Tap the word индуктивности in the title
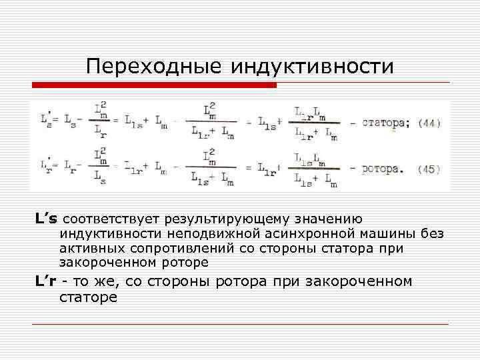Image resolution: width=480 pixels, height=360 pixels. [312, 67]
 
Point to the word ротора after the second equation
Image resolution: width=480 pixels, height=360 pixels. [382, 169]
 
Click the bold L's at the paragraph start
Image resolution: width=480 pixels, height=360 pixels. [47, 219]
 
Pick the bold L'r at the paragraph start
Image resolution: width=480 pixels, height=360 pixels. [46, 281]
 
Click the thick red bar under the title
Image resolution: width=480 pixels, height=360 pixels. [154, 85]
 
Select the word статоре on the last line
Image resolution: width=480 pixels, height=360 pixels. [87, 297]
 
